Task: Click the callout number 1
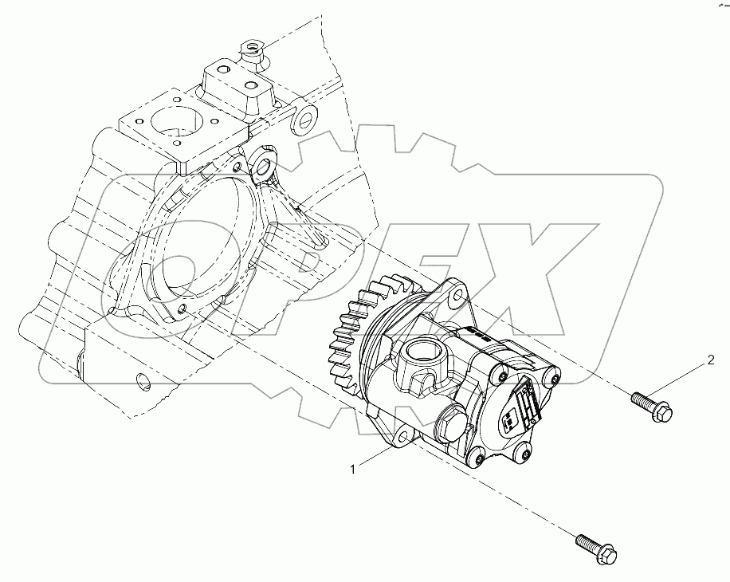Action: click(351, 470)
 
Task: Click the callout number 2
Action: click(709, 361)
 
